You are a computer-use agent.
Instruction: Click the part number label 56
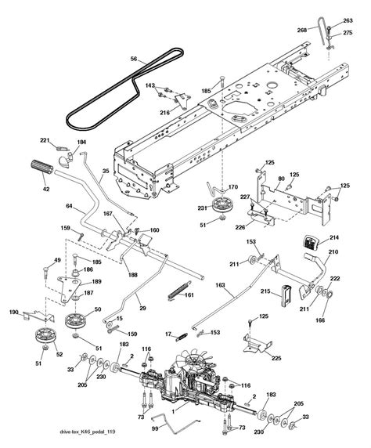point(134,59)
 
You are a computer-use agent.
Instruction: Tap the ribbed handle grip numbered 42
point(44,167)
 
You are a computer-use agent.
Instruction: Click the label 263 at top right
point(348,21)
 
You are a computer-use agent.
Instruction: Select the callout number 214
point(333,237)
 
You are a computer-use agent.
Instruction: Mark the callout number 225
point(276,358)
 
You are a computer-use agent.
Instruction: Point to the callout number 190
point(14,312)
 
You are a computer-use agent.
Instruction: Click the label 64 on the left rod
point(69,206)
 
